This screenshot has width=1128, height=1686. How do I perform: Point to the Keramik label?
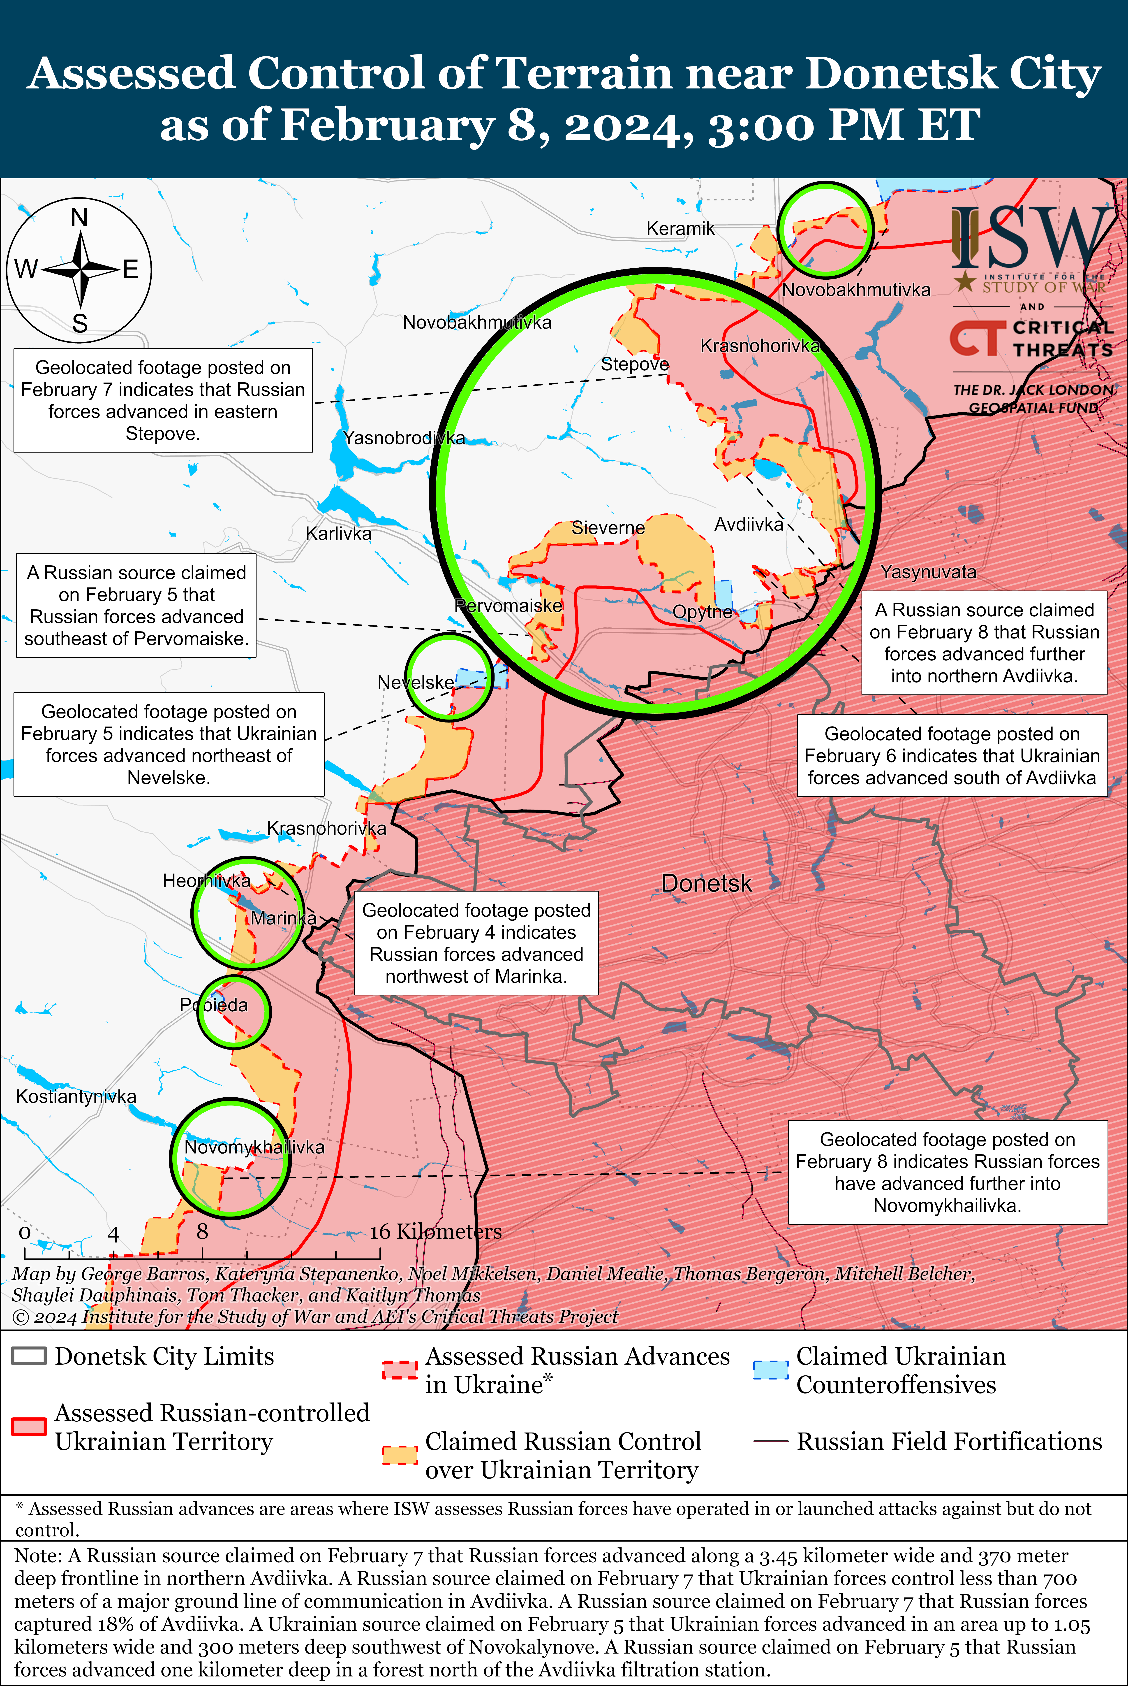(680, 229)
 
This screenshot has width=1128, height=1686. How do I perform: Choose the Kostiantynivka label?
(76, 1097)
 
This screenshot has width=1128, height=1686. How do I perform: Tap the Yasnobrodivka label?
(404, 438)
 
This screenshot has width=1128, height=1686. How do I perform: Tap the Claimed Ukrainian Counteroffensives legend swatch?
(770, 1369)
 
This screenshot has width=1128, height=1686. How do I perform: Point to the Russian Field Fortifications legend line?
(770, 1441)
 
